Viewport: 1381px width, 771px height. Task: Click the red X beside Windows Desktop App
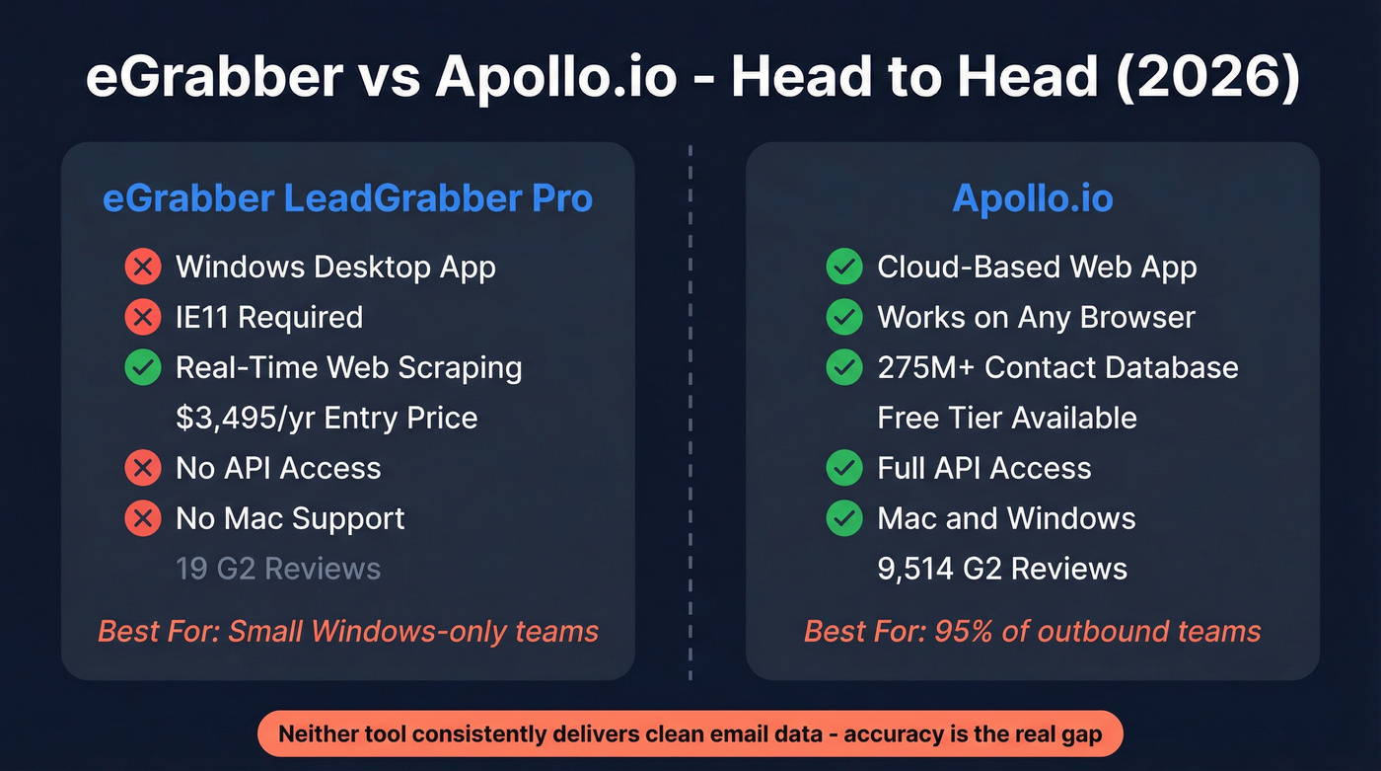tap(143, 267)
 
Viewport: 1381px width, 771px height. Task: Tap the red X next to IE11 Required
tap(143, 317)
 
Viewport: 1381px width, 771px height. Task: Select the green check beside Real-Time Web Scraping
tap(143, 367)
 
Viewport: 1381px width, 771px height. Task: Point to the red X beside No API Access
tap(143, 468)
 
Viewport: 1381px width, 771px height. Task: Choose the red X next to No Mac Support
tap(143, 518)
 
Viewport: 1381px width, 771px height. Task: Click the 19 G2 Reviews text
tap(277, 569)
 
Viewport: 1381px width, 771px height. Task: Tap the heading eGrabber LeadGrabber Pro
tap(347, 198)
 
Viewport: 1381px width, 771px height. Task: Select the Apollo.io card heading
tap(1032, 198)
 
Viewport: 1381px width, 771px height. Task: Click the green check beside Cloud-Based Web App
tap(844, 267)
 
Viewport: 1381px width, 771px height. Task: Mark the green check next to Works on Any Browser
tap(844, 317)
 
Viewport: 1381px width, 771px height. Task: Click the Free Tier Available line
tap(1006, 418)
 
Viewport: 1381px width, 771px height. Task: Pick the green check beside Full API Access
tap(844, 468)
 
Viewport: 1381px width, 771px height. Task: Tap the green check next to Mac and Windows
tap(844, 518)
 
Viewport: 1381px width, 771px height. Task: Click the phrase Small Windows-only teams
tap(413, 631)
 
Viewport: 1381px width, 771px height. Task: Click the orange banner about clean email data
tap(690, 734)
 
